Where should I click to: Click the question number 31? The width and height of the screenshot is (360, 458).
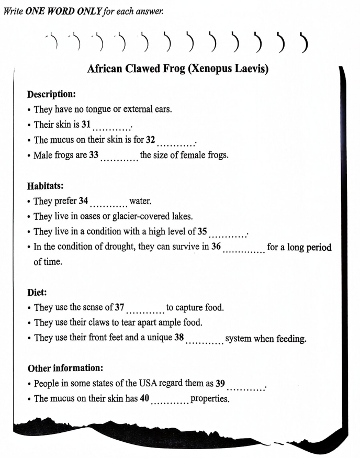[87, 125]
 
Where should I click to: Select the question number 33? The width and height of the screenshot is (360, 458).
[94, 155]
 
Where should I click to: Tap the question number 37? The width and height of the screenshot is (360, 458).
[119, 307]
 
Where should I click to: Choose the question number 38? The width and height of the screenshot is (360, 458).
[179, 338]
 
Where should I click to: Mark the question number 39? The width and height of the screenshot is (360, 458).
[220, 383]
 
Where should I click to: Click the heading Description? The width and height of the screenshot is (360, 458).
[51, 94]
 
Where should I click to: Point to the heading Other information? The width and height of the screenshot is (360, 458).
[63, 368]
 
